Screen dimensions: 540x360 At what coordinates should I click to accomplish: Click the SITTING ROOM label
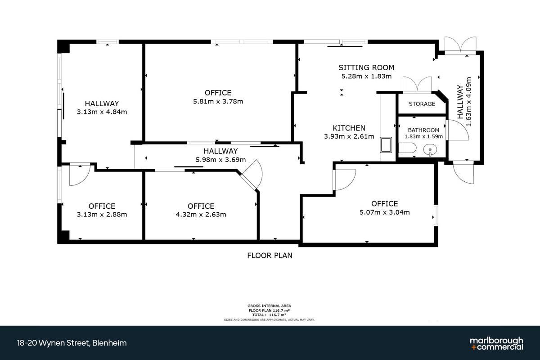coord(366,67)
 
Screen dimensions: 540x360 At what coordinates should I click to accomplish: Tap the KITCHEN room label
coord(349,128)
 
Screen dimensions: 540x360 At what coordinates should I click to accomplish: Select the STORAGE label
coord(422,104)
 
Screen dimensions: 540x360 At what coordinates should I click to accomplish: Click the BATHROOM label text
coord(423,130)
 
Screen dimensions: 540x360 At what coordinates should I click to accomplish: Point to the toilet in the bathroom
coord(407,148)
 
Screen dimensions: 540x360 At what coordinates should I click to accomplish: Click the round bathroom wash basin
coord(430,150)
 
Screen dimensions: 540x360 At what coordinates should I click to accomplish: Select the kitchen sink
coord(386,145)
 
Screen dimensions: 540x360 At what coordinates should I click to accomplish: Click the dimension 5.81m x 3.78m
coord(218,102)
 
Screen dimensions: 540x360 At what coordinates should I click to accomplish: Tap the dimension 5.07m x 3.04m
coord(384,212)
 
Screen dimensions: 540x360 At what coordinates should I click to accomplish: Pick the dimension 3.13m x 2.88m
coord(102,215)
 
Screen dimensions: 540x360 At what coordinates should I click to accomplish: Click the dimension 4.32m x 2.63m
coord(201,215)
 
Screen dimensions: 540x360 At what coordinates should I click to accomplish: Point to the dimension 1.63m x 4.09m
coord(468,102)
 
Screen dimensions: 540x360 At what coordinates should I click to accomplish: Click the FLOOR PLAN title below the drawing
coord(270,256)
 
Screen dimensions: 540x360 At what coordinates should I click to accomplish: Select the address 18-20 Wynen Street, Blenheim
coord(72,343)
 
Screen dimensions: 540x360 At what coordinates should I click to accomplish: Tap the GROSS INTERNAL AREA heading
coord(269,306)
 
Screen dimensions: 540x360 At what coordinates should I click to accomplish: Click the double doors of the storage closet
coord(417,85)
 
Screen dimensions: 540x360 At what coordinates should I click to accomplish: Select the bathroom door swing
coord(457,130)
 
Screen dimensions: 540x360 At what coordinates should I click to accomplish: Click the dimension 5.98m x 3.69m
coord(220,160)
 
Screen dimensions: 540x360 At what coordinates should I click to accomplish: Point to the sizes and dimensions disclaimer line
coord(269,320)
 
